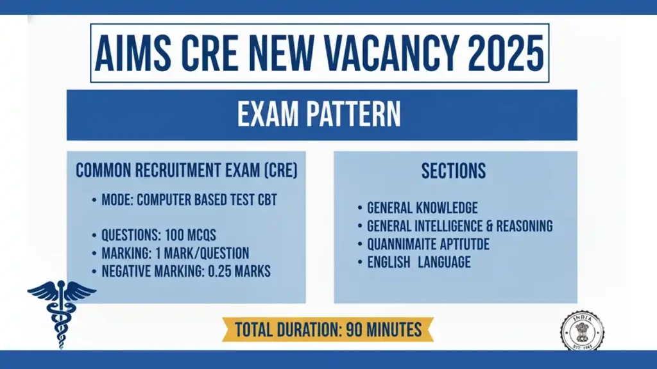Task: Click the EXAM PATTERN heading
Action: pyautogui.click(x=319, y=115)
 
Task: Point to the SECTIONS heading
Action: pyautogui.click(x=454, y=171)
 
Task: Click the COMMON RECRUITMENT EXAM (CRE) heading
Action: pyautogui.click(x=187, y=171)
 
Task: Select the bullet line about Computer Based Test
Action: pyautogui.click(x=189, y=200)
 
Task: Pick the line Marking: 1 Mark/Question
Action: pyautogui.click(x=175, y=253)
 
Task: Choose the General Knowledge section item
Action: pyautogui.click(x=422, y=208)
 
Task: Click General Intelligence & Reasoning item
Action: pyautogui.click(x=459, y=226)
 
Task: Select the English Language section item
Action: pyautogui.click(x=418, y=262)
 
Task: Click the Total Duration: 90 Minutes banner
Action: pyautogui.click(x=328, y=330)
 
